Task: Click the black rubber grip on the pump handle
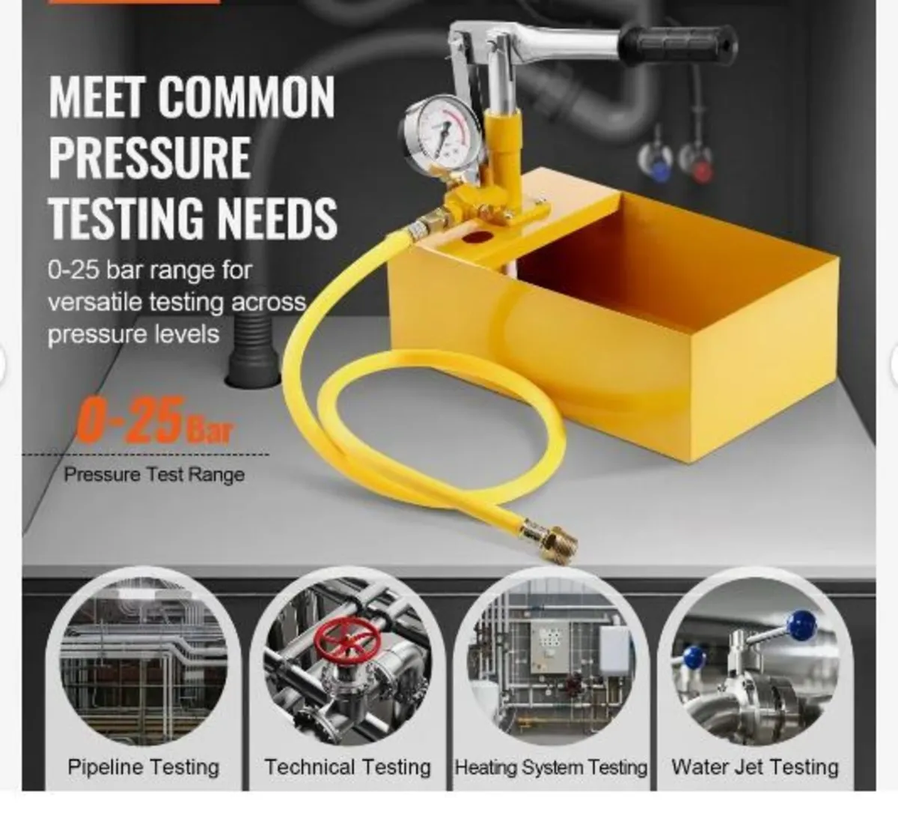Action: pos(677,44)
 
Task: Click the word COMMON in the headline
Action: pos(247,97)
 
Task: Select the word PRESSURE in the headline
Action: pos(150,157)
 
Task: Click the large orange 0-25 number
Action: pos(129,420)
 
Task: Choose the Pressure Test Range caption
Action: pos(154,474)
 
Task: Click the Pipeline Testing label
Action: pos(144,767)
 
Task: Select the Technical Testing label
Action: pos(348,767)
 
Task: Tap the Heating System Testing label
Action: pos(551,767)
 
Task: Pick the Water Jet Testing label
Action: pos(755,767)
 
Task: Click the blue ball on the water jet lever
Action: pos(803,623)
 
